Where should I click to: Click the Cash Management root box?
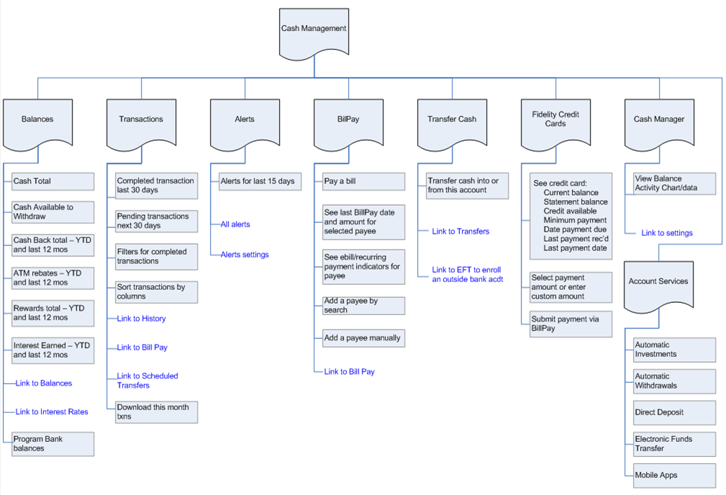pyautogui.click(x=314, y=29)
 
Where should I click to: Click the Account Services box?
pyautogui.click(x=658, y=282)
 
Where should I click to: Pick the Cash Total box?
pyautogui.click(x=53, y=181)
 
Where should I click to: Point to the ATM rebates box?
pyautogui.click(x=53, y=278)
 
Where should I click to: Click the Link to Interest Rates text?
pyautogui.click(x=52, y=412)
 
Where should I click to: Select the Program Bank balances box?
pyautogui.click(x=53, y=444)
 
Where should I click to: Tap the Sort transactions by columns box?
pyautogui.click(x=156, y=291)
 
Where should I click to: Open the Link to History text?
pyautogui.click(x=141, y=319)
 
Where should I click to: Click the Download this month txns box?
pyautogui.click(x=156, y=412)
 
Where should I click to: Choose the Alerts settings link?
pyautogui.click(x=245, y=255)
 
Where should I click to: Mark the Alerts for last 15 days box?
pyautogui.click(x=260, y=181)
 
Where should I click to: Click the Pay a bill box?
pyautogui.click(x=363, y=181)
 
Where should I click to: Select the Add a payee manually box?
pyautogui.click(x=363, y=338)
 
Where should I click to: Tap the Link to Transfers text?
pyautogui.click(x=460, y=232)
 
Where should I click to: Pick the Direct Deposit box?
pyautogui.click(x=674, y=413)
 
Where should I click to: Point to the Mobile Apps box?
pyautogui.click(x=674, y=476)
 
